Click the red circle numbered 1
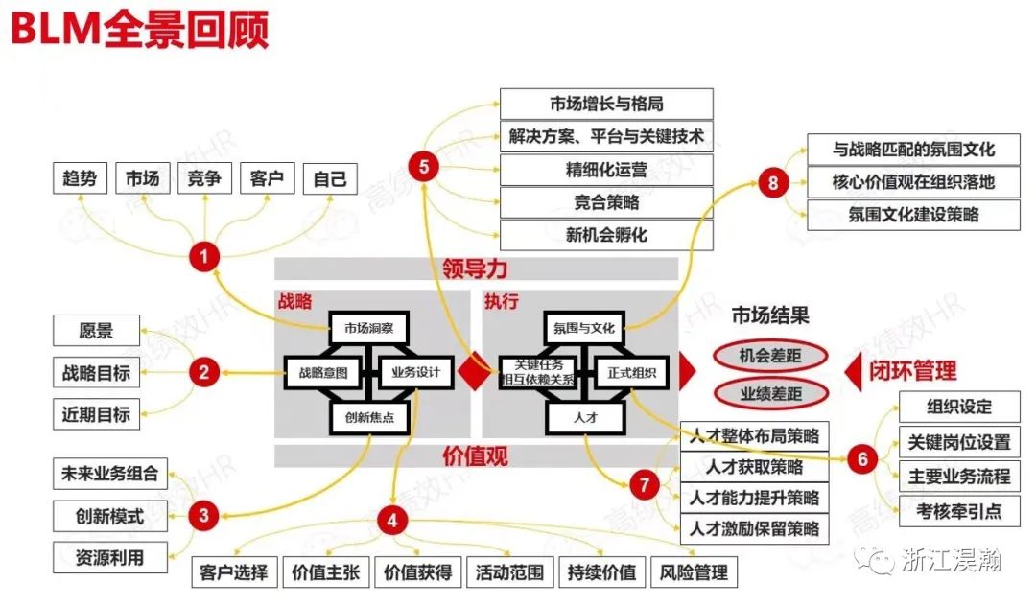tap(203, 256)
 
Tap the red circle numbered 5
tap(423, 166)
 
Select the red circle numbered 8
tap(773, 182)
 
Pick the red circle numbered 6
tap(862, 460)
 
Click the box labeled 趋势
tap(80, 178)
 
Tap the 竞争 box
tap(204, 178)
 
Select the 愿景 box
tap(96, 331)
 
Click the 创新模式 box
tap(109, 516)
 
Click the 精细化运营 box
tap(606, 170)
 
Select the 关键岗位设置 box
tap(959, 442)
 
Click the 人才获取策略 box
tap(754, 467)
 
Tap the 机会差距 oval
tap(769, 356)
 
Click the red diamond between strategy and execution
tap(471, 373)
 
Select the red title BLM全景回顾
tap(140, 30)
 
